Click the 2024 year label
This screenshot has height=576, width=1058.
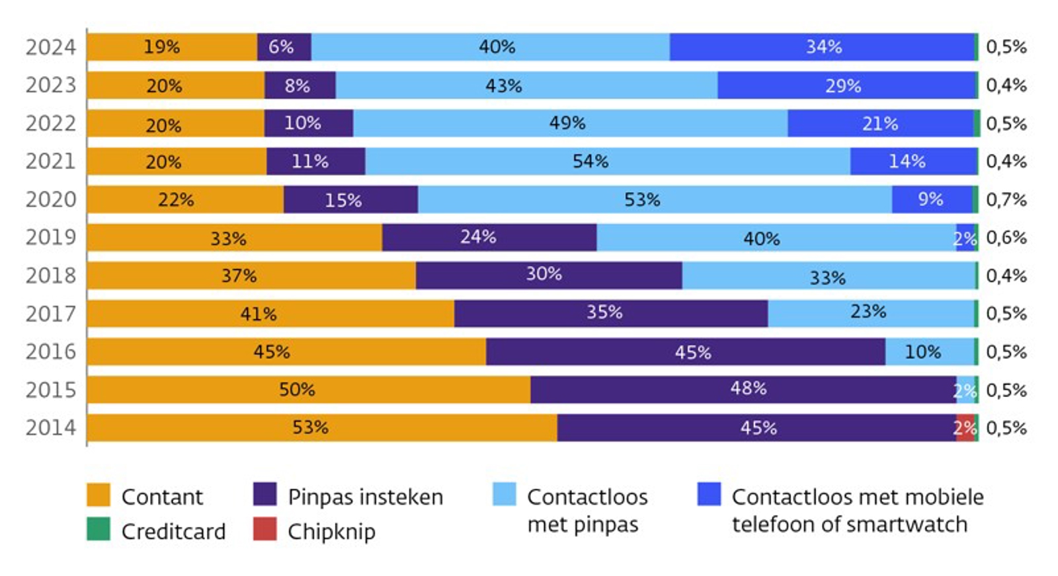coord(50,48)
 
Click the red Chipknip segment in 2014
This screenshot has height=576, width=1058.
coord(965,428)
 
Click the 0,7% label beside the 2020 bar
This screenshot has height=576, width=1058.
coord(1006,199)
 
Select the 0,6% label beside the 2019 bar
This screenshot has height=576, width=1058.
coord(1006,238)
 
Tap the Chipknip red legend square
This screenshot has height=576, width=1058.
coord(264,529)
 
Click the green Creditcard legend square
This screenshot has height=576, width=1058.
coord(99,529)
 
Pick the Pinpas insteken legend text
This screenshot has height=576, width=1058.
coord(365,497)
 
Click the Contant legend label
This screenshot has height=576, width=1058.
coord(162,497)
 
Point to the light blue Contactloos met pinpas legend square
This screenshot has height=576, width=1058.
coord(504,494)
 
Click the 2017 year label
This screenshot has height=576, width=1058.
coord(50,314)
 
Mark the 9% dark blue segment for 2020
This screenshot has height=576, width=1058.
coord(931,199)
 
